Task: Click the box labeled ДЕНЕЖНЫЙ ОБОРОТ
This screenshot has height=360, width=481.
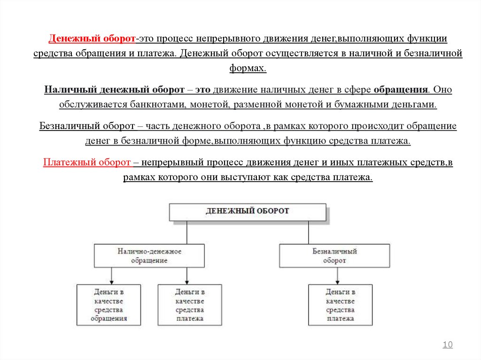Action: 247,211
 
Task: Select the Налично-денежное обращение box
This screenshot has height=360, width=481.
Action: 149,255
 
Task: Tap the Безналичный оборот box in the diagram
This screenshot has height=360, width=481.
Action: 334,255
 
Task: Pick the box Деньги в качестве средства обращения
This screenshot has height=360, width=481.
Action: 109,305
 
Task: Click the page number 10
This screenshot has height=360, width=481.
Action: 448,345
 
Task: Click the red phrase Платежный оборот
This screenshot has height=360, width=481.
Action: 87,162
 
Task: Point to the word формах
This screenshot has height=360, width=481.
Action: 248,68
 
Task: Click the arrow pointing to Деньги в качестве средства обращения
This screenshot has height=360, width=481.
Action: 111,276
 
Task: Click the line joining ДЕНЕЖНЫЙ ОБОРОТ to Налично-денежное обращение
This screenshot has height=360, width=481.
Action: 187,232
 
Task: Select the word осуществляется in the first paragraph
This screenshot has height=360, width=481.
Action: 300,53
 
